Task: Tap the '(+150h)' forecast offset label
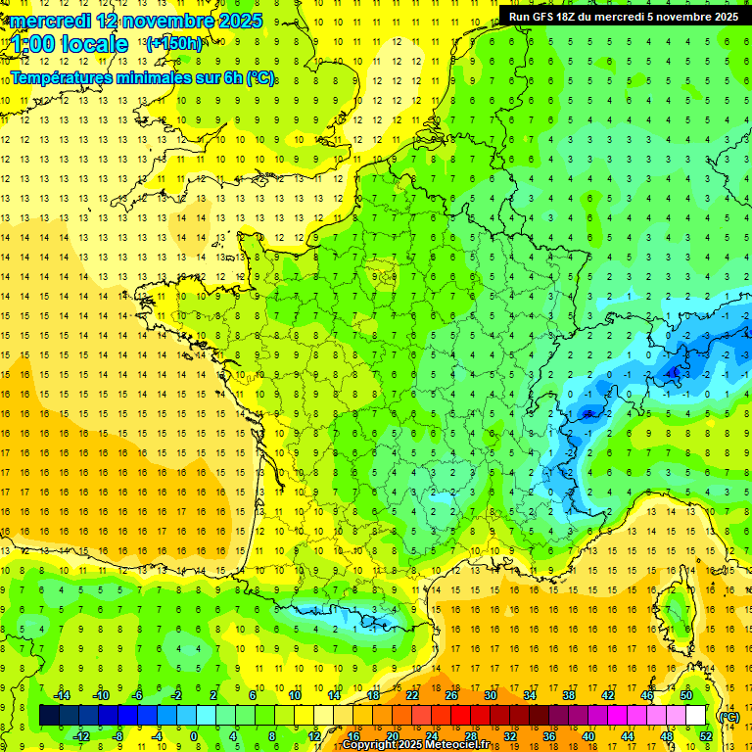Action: coord(174,43)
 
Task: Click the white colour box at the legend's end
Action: coord(695,716)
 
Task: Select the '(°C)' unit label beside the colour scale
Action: coord(728,716)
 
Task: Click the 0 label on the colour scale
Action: coord(194,736)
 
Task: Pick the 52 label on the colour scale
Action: coord(705,736)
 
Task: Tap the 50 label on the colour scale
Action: coord(686,695)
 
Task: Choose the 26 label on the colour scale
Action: coord(451,695)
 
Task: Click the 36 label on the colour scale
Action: coord(548,736)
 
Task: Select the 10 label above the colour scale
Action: coord(295,695)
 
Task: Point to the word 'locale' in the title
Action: coord(94,44)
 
